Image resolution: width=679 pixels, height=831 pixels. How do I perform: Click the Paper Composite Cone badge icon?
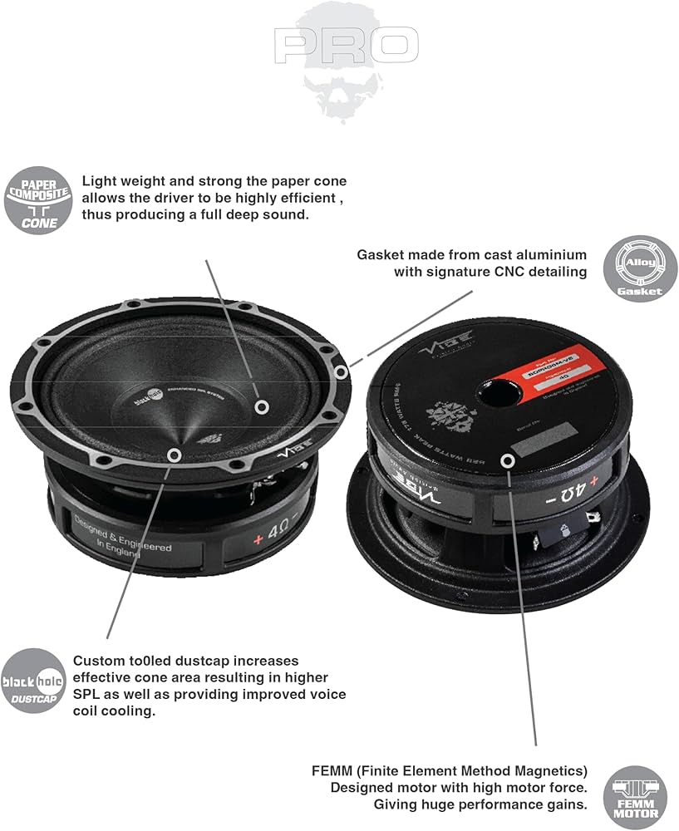point(38,199)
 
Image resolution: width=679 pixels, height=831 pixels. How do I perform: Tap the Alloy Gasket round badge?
point(640,268)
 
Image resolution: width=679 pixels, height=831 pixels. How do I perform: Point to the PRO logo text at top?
point(347,46)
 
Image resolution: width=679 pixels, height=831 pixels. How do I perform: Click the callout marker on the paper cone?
point(262,406)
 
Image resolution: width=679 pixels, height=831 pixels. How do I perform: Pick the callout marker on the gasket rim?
point(339,371)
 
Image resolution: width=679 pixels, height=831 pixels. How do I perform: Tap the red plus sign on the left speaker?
point(258,538)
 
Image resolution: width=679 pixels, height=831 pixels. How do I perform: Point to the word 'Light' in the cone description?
point(100,181)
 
